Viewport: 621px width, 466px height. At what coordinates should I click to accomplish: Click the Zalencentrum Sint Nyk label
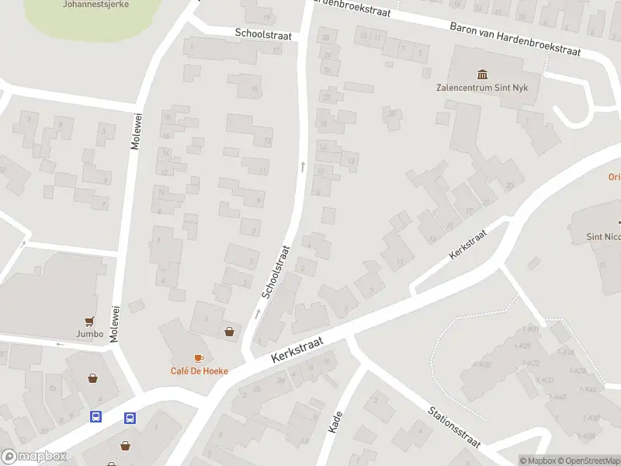(x=482, y=88)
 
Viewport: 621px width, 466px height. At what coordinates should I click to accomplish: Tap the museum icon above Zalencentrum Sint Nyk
(x=483, y=75)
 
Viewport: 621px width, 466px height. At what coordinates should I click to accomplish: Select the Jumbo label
(x=90, y=334)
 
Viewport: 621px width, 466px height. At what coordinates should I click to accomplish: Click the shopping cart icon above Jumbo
(x=90, y=321)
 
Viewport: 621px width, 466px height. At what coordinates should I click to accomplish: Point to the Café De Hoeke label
(x=199, y=370)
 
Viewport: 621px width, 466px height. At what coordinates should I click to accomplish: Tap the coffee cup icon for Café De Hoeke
(x=199, y=358)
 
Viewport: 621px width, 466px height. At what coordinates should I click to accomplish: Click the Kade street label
(x=336, y=422)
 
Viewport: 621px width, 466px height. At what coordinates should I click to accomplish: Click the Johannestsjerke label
(x=95, y=4)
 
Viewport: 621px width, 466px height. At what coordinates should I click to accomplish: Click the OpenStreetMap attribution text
(x=588, y=461)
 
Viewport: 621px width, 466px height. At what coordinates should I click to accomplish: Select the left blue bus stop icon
(x=95, y=417)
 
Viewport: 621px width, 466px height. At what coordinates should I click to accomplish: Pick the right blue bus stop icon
(x=130, y=417)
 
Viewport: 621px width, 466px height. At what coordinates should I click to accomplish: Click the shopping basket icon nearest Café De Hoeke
(x=230, y=332)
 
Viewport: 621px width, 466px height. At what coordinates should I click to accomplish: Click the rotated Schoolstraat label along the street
(x=276, y=272)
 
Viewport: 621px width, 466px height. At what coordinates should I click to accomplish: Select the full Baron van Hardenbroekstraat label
(x=515, y=38)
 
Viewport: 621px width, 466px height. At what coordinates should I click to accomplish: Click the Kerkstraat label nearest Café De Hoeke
(x=297, y=348)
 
